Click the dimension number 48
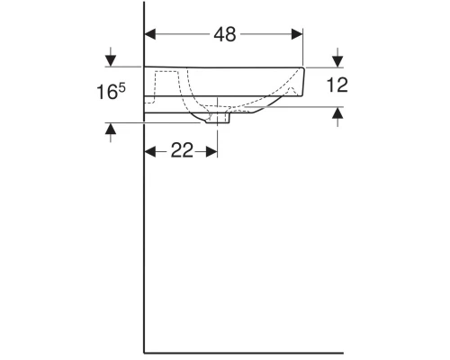(x=224, y=35)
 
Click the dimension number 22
(x=182, y=151)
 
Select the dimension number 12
(x=337, y=85)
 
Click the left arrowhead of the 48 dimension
(x=150, y=35)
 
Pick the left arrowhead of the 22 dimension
(x=150, y=151)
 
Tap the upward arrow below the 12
(x=337, y=112)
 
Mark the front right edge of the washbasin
(x=305, y=80)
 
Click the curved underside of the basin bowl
(x=252, y=110)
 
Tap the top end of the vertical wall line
(x=145, y=4)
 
